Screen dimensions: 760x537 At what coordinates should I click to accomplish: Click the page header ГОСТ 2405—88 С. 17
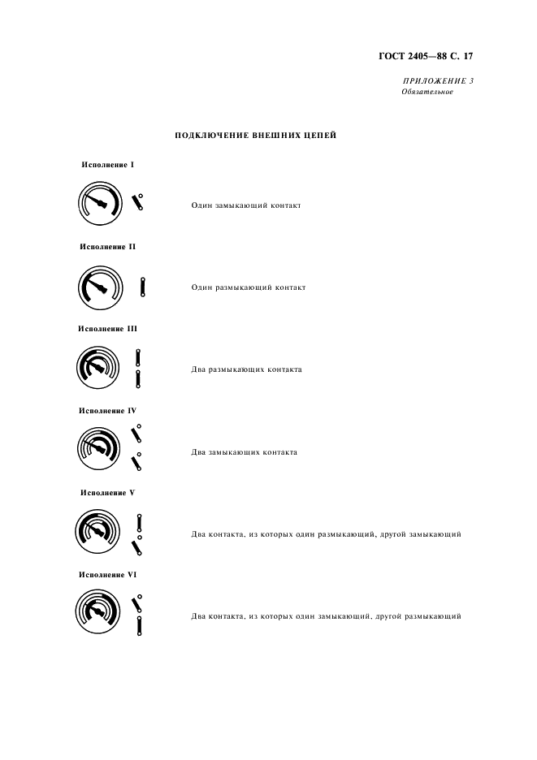pos(425,57)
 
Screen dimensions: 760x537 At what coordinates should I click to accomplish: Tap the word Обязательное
pos(427,92)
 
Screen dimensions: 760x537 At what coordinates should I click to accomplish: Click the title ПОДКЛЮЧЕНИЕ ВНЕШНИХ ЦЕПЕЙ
pos(256,136)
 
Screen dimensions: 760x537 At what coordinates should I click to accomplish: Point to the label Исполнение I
pos(108,165)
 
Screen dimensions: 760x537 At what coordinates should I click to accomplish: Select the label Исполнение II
pos(108,247)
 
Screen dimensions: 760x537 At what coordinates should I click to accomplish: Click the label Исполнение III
pos(108,329)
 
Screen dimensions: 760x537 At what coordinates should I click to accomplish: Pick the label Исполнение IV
pos(108,411)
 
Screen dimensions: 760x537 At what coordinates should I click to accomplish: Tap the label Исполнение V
pos(108,493)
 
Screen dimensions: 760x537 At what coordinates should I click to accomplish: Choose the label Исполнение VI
pos(108,574)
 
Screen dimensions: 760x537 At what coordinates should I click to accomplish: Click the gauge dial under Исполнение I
pos(101,204)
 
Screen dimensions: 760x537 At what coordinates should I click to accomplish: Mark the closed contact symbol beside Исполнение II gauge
pos(142,287)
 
